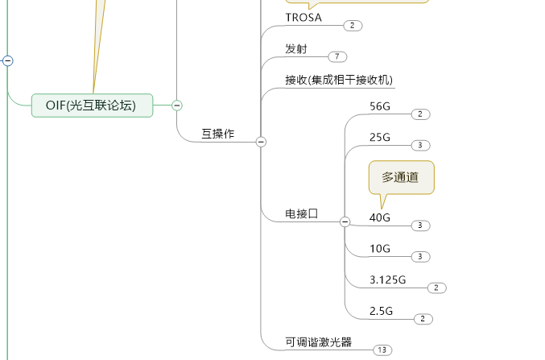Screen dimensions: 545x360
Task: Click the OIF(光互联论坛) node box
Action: click(92, 105)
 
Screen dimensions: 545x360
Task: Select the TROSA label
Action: click(303, 18)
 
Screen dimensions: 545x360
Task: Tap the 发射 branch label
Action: click(296, 49)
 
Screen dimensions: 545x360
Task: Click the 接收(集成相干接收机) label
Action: click(339, 80)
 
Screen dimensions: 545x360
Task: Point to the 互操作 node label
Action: click(217, 134)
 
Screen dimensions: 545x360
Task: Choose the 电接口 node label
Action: click(302, 213)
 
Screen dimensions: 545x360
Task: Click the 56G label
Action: click(380, 106)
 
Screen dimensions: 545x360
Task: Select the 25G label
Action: click(380, 138)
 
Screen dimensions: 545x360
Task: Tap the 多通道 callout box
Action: click(401, 177)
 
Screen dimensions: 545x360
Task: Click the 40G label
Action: click(380, 217)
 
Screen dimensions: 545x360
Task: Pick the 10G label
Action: click(380, 249)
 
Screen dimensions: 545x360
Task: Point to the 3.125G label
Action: click(388, 279)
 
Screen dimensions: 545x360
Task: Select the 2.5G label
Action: click(382, 311)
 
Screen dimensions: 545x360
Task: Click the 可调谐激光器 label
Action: click(319, 341)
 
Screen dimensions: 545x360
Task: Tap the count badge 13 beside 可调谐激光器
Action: click(382, 350)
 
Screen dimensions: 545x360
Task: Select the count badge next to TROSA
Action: click(353, 26)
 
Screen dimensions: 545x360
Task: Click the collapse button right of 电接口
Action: click(345, 221)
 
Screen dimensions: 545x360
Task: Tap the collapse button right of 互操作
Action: click(261, 142)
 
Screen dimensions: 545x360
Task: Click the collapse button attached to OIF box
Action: click(177, 105)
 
